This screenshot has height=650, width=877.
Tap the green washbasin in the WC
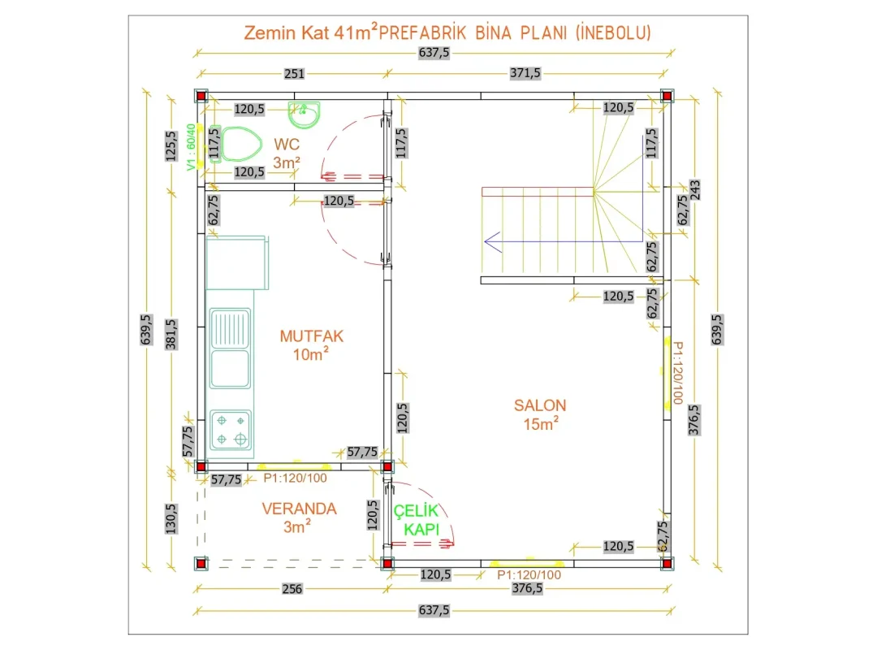[305, 115]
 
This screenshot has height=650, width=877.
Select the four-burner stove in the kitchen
[231, 430]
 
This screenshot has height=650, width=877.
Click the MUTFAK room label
[312, 336]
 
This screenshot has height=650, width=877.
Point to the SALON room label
[540, 405]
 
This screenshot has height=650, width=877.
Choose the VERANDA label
[299, 509]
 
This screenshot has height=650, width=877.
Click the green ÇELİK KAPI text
[416, 519]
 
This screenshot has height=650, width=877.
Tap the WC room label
[287, 144]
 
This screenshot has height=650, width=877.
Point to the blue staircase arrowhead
[492, 242]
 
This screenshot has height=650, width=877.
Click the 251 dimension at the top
[294, 73]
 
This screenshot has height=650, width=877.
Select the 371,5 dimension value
[525, 73]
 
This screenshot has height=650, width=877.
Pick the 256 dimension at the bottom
[292, 588]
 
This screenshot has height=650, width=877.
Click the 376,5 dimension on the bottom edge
[527, 588]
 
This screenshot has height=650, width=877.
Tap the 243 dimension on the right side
[694, 190]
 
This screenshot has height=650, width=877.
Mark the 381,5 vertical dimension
[171, 334]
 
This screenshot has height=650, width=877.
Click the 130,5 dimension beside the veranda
[171, 518]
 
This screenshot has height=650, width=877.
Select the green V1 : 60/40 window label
[192, 147]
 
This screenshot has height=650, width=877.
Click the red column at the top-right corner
[666, 96]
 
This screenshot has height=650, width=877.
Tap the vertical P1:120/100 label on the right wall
[677, 373]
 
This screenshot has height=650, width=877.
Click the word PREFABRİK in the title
[422, 32]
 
